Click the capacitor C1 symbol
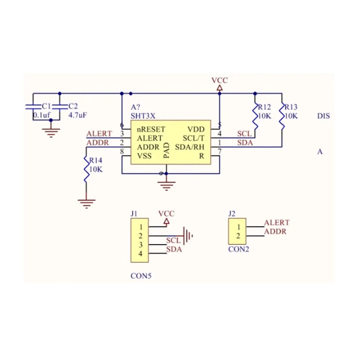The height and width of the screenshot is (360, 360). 32,107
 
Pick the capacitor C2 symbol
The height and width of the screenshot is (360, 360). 60,107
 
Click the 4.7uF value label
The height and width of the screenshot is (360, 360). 77,115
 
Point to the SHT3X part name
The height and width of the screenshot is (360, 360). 143,116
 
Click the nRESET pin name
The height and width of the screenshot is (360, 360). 151,129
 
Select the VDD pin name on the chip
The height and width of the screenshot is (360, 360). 196,129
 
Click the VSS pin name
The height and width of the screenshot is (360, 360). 144,156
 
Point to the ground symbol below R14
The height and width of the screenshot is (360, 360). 85,202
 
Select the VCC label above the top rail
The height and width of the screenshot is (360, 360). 220,81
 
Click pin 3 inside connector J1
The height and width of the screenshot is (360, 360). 141,245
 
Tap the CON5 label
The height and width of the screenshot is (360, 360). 141,276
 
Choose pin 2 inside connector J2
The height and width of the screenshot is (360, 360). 238,236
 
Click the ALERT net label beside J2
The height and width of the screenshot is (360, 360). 277,223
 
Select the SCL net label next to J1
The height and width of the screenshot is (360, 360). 173,241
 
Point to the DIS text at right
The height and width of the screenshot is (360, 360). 324,116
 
